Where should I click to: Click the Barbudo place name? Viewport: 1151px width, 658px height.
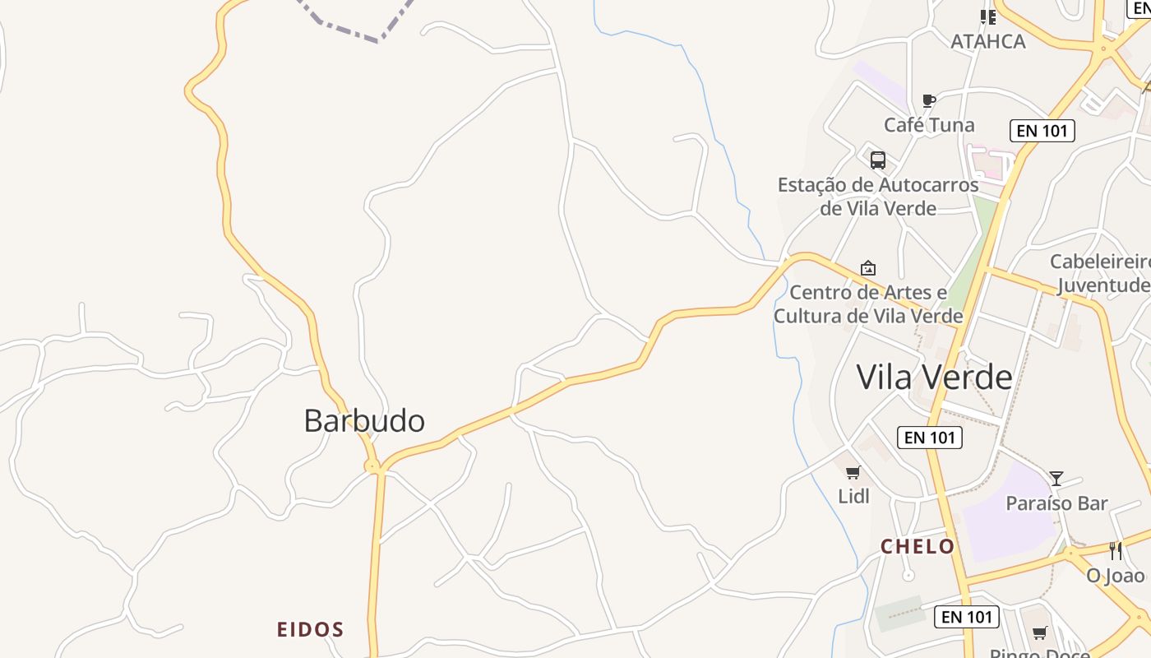364,421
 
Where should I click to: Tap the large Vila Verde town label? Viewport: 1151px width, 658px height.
934,377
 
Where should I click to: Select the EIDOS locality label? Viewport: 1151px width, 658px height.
310,630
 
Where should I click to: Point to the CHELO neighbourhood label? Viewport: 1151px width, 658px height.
918,547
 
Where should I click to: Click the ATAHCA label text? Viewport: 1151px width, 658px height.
988,41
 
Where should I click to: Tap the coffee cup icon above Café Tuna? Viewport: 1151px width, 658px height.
929,100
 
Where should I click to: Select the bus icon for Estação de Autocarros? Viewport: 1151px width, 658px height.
878,160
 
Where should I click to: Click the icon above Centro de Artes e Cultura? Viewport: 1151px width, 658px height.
868,268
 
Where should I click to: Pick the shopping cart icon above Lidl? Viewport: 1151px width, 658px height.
853,472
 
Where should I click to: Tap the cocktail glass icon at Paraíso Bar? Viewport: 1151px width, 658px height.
1056,478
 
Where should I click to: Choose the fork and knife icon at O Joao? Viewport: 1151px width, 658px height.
1116,551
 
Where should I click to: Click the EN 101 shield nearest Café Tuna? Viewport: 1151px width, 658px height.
1042,130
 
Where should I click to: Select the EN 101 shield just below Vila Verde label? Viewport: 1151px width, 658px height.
929,437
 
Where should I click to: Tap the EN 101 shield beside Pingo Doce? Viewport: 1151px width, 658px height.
967,616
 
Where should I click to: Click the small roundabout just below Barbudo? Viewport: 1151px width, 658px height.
373,467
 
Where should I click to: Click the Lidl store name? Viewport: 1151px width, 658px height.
853,496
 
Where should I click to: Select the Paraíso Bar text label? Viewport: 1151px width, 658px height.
1057,503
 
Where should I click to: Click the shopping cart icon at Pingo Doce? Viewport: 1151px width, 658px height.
1040,633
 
